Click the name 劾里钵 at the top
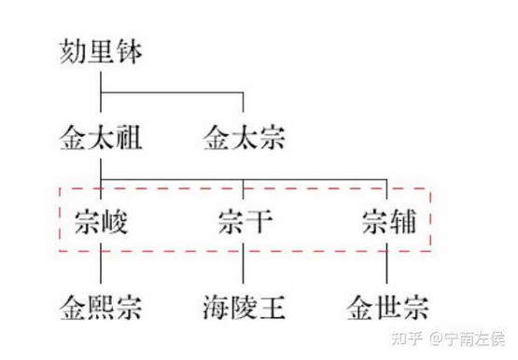point(101,52)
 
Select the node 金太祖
point(101,137)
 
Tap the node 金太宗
point(245,137)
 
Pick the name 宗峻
point(101,222)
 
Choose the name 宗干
point(245,222)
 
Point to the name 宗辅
point(389,222)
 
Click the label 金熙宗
point(101,308)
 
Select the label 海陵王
point(245,308)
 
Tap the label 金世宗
point(388,308)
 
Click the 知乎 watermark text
point(407,339)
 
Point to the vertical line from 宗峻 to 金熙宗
point(101,263)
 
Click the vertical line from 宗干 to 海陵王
point(244,263)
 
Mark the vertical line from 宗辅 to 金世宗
point(386,263)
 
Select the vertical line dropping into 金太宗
point(244,103)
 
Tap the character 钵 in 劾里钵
point(129,52)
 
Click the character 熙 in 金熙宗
point(101,308)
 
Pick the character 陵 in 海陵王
point(245,308)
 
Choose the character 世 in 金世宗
point(388,308)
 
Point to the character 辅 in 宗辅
point(402,222)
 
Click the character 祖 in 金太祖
point(129,137)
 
